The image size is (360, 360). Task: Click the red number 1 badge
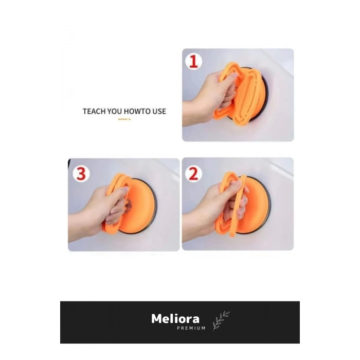[x=193, y=61]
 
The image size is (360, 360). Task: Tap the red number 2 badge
[x=193, y=174]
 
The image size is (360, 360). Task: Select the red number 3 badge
[x=81, y=174]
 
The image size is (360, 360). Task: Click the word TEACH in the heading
[x=94, y=112]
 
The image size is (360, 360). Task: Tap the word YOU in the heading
[x=114, y=112]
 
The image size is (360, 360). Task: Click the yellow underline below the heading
[x=124, y=119]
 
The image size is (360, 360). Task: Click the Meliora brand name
[x=175, y=319]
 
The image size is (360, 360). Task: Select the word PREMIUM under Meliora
[x=191, y=328]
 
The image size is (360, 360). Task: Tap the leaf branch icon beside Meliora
[x=221, y=321]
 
